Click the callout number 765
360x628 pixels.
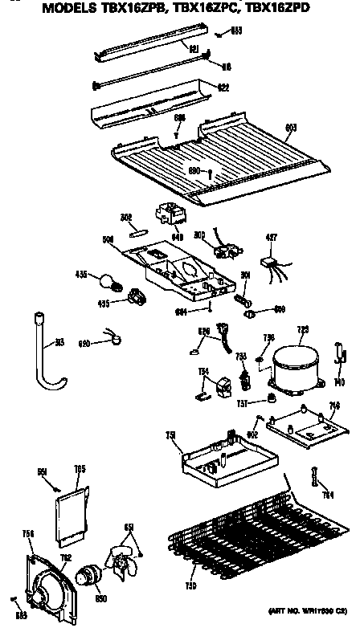pos(80,469)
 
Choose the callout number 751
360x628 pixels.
pos(171,434)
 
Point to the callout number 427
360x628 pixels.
pos(272,237)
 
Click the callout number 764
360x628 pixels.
pos(327,495)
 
